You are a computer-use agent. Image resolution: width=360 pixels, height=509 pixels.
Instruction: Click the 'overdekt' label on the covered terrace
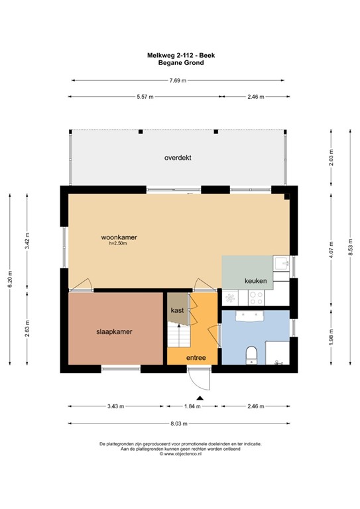point(178,158)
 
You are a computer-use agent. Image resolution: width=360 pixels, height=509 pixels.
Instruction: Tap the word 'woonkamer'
point(119,237)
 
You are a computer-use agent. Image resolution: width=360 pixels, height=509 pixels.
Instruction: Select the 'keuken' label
point(255,281)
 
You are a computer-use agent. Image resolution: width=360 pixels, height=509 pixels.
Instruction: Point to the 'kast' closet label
point(177,310)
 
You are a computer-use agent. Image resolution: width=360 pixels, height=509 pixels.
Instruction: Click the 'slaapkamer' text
point(115,332)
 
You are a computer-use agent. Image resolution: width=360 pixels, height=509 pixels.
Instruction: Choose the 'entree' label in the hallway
point(195,358)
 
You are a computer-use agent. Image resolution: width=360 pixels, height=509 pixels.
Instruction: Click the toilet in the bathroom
point(251,355)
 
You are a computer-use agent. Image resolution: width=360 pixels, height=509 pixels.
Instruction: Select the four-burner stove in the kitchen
point(231,298)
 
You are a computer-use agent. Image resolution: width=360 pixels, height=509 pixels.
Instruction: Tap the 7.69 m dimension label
point(178,81)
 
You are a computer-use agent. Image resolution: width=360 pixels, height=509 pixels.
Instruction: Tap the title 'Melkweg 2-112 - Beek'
point(180,56)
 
